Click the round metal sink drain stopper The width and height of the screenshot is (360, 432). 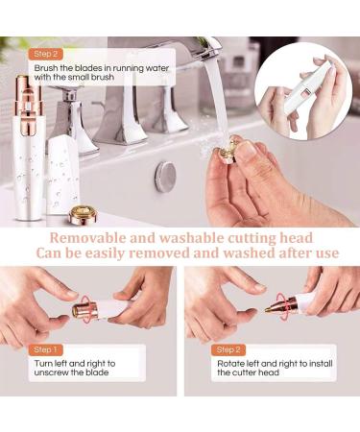point(166,173)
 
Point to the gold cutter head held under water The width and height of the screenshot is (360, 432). point(230,150)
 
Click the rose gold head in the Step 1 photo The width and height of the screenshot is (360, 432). point(86,311)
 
